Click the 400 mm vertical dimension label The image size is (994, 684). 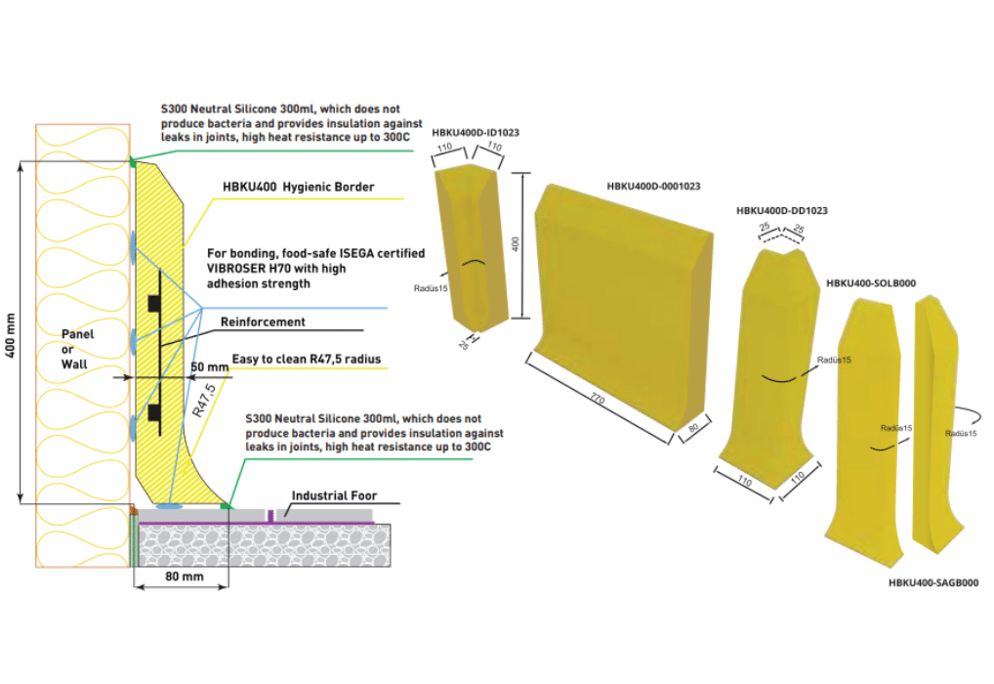pyautogui.click(x=10, y=335)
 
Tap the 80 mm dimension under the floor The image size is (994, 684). pyautogui.click(x=184, y=577)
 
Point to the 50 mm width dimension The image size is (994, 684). pyautogui.click(x=209, y=366)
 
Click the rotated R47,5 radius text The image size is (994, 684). pyautogui.click(x=203, y=401)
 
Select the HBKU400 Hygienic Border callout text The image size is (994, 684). pyautogui.click(x=298, y=187)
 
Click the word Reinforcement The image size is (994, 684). pyautogui.click(x=263, y=321)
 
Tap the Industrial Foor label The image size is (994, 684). pyautogui.click(x=334, y=495)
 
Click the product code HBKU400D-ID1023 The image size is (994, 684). pyautogui.click(x=476, y=133)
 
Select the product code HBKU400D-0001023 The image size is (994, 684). pyautogui.click(x=653, y=187)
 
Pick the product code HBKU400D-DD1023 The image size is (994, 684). pyautogui.click(x=782, y=211)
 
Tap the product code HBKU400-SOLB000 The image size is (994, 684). pyautogui.click(x=871, y=283)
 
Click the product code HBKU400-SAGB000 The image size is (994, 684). pyautogui.click(x=933, y=582)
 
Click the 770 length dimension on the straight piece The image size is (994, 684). pyautogui.click(x=598, y=399)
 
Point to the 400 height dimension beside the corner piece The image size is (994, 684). pyautogui.click(x=516, y=244)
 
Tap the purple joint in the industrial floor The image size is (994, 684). pyautogui.click(x=270, y=516)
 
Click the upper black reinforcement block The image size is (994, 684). pyautogui.click(x=154, y=303)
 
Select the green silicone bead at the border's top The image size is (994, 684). pyautogui.click(x=133, y=162)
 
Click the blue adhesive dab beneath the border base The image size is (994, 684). pyautogui.click(x=169, y=506)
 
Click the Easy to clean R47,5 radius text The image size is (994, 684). pyautogui.click(x=307, y=360)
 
